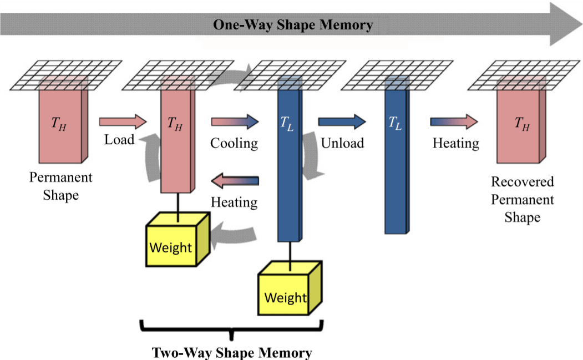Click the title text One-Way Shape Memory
293,24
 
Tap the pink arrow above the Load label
123,121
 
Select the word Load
119,140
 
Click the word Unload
342,143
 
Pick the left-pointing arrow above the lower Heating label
235,181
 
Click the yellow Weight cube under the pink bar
178,239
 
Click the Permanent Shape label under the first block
60,186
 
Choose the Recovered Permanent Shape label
523,199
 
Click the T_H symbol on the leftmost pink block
59,123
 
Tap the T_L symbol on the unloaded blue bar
395,123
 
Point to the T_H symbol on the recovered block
522,123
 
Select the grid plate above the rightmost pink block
524,75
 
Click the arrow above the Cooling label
235,121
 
